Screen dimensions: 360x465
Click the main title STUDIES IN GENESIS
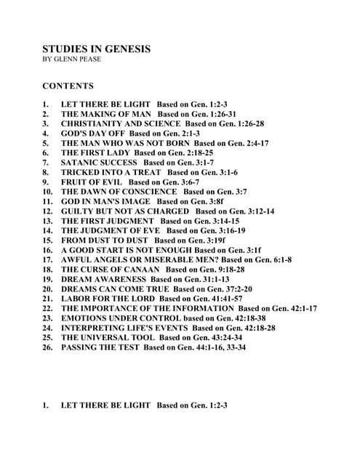(x=97, y=49)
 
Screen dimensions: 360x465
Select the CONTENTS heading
(x=68, y=86)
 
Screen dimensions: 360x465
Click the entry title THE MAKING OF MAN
(x=106, y=114)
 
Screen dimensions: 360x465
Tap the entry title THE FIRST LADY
(x=96, y=153)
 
